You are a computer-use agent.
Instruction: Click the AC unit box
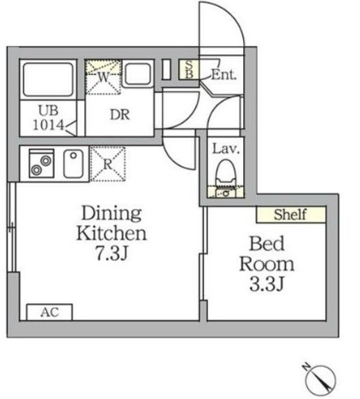pos(49,312)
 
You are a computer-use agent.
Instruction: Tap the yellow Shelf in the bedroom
pos(291,214)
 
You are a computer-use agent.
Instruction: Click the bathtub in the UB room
pos(48,79)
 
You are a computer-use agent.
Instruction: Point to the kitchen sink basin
pos(73,164)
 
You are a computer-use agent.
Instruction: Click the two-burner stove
pos(42,164)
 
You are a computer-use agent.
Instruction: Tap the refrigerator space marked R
pos(107,164)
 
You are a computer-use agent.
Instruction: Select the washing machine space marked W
pos(104,77)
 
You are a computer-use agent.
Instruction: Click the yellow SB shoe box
pos(189,69)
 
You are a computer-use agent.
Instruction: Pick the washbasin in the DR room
pos(138,74)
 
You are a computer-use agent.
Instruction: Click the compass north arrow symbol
pos(321,379)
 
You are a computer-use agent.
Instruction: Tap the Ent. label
pos(224,75)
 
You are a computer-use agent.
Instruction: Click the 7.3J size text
pos(111,253)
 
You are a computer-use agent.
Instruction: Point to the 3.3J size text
pos(266,284)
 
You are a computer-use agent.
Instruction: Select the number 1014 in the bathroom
pos(49,124)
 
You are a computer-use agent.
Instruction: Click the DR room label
pos(119,114)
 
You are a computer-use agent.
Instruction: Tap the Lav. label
pos(226,149)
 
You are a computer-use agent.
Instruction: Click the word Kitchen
pos(112,234)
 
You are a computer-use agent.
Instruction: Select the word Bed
pos(267,244)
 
